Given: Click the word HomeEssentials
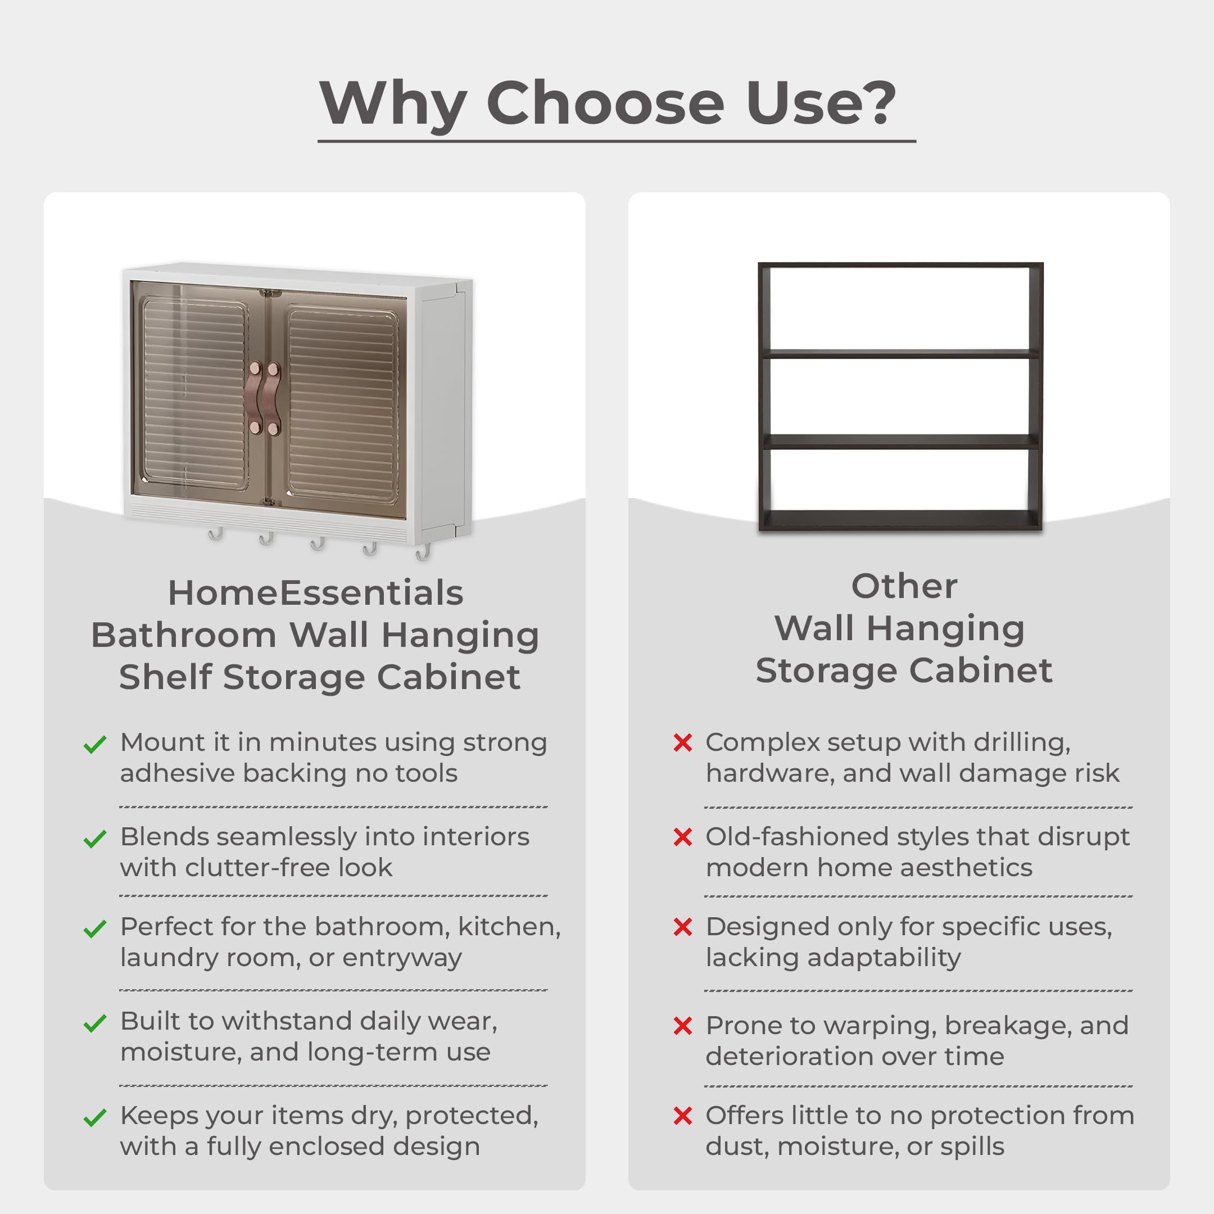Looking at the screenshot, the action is pos(315,592).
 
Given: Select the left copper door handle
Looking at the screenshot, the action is pos(256,398).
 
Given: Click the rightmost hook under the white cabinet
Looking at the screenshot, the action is pos(423,552).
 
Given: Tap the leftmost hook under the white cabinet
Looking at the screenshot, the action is pos(215,534).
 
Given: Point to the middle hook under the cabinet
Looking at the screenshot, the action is pos(318,543).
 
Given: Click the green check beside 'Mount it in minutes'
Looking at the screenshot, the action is pos(95,745).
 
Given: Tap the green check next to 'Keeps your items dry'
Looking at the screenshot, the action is pos(95,1118).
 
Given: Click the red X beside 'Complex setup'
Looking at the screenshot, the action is pos(682,742).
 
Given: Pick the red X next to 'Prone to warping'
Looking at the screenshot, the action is pos(682,1026).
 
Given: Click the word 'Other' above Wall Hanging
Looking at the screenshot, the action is pos(904,586).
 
